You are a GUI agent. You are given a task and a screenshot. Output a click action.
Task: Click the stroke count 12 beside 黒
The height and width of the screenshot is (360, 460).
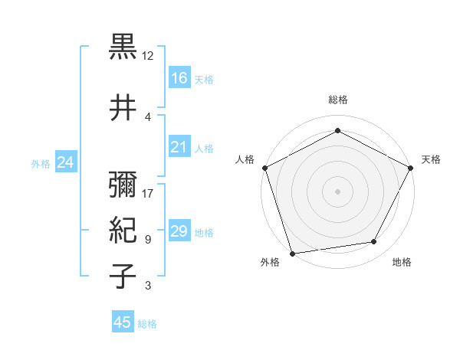148,56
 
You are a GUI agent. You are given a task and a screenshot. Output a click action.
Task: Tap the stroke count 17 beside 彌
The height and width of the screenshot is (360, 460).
148,194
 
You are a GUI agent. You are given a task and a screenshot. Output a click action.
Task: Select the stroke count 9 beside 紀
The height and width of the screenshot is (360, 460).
148,240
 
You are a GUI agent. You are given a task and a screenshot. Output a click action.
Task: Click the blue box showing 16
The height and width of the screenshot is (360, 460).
179,77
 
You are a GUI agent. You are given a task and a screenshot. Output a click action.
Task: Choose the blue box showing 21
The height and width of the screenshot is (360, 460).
179,147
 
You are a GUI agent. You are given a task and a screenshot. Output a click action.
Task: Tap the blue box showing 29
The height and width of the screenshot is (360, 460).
179,231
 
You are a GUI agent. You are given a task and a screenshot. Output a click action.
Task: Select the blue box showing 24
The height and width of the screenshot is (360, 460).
66,162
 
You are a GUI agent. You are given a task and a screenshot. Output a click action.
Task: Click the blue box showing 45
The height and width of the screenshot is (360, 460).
123,322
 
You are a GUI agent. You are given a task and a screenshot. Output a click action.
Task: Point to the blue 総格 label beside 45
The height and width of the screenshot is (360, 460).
148,323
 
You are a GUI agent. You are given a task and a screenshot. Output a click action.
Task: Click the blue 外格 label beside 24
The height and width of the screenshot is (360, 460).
41,163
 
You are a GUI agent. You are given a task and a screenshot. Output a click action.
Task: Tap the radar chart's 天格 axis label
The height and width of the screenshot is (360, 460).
431,159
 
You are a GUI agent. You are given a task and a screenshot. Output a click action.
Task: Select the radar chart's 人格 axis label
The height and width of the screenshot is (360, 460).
245,159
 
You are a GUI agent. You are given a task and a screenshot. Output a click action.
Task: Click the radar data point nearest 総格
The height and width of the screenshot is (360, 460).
337,130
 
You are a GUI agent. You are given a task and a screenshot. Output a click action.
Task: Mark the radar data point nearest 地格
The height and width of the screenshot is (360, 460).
374,242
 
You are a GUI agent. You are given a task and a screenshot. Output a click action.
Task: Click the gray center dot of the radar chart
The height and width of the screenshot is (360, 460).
337,191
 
